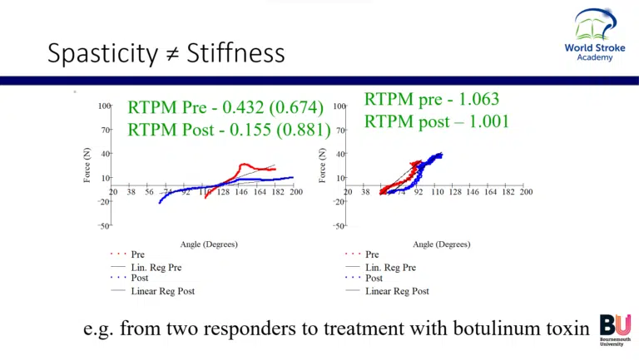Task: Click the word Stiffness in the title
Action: click(x=235, y=54)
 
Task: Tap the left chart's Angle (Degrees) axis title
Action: click(x=208, y=244)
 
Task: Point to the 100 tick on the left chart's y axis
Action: click(x=104, y=106)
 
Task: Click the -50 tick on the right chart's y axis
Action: click(x=339, y=226)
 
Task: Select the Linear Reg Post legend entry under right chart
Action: click(x=397, y=291)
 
